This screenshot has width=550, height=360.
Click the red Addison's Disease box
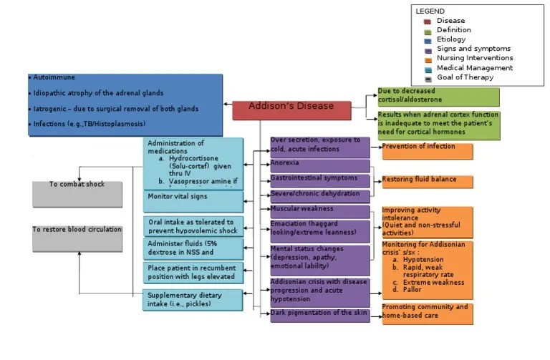(x=291, y=110)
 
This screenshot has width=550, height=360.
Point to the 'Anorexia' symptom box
(x=319, y=165)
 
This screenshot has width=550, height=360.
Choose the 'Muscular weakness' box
(x=319, y=210)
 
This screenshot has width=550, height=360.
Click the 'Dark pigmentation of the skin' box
(x=319, y=315)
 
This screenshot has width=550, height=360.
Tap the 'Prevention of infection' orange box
(x=427, y=150)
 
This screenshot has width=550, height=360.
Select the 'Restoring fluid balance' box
(x=427, y=182)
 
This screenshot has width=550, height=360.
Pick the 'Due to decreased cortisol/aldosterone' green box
(x=438, y=97)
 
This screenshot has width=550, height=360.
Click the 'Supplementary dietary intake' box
(x=193, y=300)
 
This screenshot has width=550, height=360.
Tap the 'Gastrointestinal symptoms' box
(x=319, y=180)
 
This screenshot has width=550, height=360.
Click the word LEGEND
(x=430, y=11)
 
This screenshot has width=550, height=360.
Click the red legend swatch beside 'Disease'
(x=427, y=21)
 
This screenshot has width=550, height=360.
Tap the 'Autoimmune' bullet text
(x=54, y=77)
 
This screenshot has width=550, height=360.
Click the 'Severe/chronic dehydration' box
(x=319, y=195)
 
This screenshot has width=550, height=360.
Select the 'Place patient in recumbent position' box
(x=193, y=273)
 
